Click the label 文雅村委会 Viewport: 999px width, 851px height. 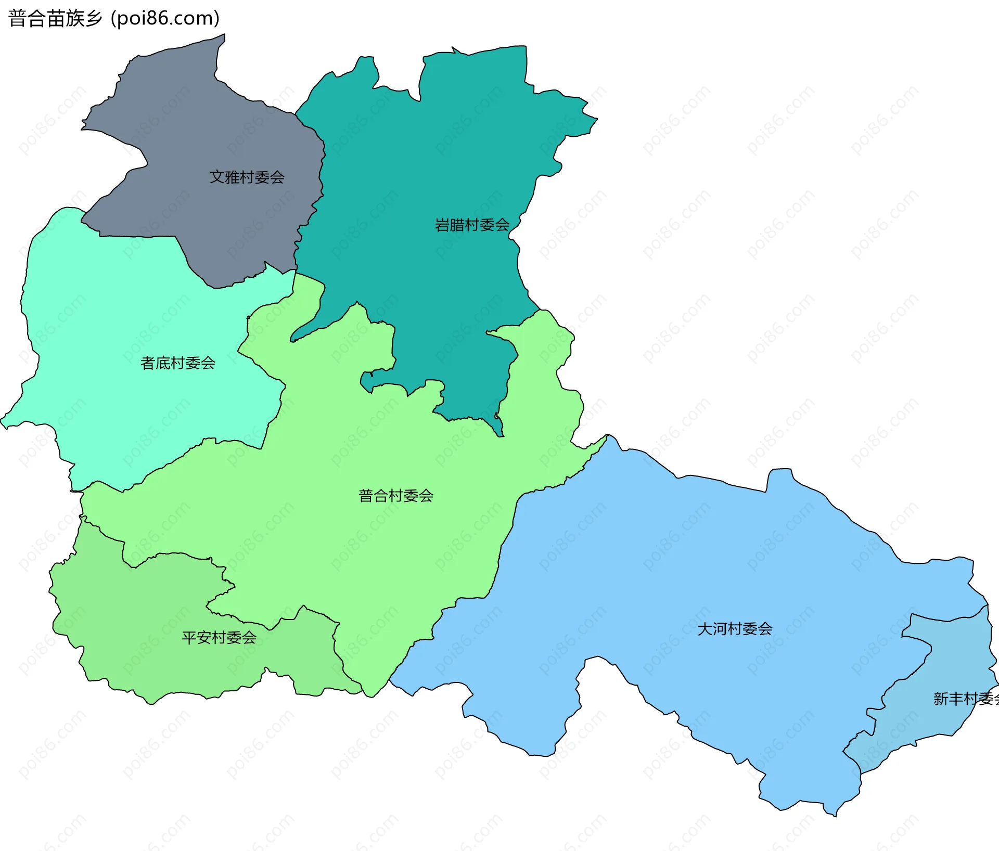coord(247,177)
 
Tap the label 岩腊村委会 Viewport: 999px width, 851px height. coord(472,225)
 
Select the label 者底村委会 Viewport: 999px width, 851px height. coord(178,363)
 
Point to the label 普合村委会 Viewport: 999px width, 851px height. coord(396,496)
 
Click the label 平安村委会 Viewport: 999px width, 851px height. coord(219,638)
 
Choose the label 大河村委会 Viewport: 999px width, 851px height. coord(735,629)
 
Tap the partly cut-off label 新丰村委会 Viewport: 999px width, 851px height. coord(966,699)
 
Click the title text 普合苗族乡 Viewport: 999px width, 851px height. coord(55,19)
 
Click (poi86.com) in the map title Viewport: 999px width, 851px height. coord(165,19)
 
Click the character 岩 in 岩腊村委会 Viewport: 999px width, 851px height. coord(442,225)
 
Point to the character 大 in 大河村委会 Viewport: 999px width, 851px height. coord(705,629)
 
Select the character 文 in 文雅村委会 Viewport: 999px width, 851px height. coord(217,177)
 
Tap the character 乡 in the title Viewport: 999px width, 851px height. coord(94,19)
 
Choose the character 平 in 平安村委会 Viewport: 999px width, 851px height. coord(189,638)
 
